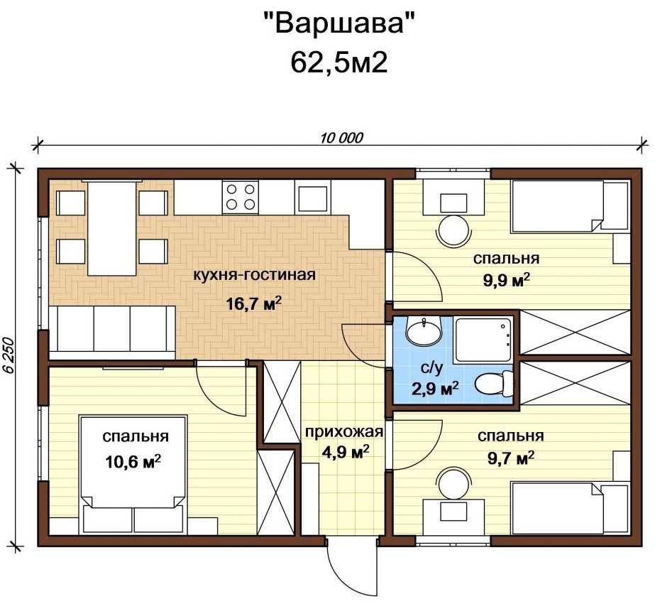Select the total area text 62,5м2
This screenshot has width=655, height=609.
(338, 63)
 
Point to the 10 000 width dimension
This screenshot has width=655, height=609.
(342, 137)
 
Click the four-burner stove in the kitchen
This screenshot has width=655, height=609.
(240, 197)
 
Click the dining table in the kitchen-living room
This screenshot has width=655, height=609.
(112, 228)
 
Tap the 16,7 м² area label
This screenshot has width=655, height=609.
(253, 303)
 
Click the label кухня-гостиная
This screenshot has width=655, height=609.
(254, 275)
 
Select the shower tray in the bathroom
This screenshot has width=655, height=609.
(483, 340)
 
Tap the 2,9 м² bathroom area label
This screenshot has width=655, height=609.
(435, 389)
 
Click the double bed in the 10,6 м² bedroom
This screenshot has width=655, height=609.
(133, 474)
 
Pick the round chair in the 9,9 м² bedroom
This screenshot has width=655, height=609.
(453, 230)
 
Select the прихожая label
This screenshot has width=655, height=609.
(343, 431)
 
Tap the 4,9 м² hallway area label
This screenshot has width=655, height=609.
(345, 451)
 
